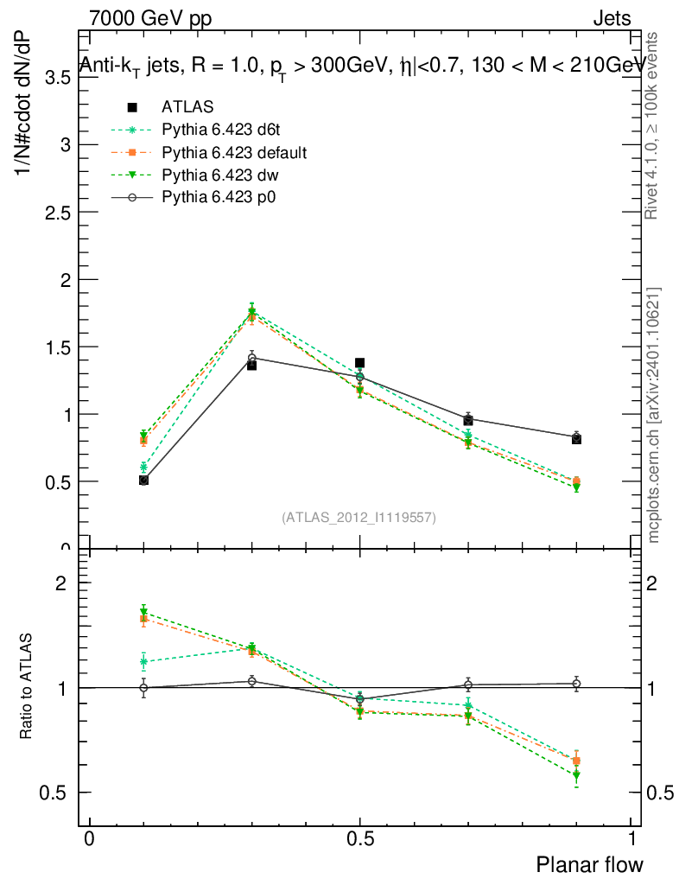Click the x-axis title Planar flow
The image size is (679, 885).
tap(590, 864)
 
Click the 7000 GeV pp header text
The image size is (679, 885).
tap(150, 18)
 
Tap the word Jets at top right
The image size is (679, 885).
tap(611, 18)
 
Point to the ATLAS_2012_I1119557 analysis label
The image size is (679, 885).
tap(359, 518)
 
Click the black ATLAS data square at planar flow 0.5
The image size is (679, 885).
tap(360, 363)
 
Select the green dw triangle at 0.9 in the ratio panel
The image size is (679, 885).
tap(576, 775)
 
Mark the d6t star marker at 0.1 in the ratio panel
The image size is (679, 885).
tap(143, 662)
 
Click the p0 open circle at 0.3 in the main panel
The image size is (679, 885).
tap(252, 357)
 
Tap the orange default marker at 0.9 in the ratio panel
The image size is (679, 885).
tap(576, 761)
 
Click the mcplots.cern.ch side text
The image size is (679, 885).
tap(654, 416)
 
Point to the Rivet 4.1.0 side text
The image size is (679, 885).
tap(654, 125)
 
